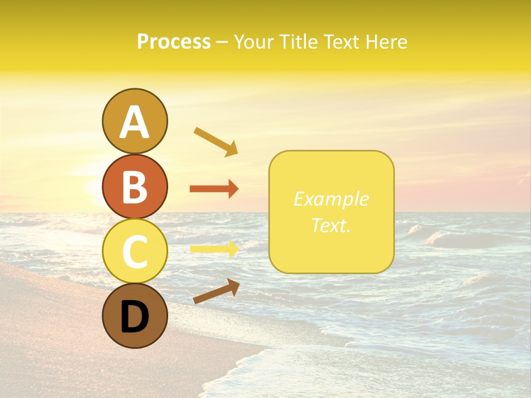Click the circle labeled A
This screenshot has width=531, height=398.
pyautogui.click(x=134, y=121)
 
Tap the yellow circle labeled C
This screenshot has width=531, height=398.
pyautogui.click(x=134, y=251)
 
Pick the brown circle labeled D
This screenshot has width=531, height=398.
pyautogui.click(x=134, y=316)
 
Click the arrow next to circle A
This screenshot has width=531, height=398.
pyautogui.click(x=216, y=142)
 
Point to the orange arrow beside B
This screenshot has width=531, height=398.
pyautogui.click(x=214, y=189)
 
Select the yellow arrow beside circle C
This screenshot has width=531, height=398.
pyautogui.click(x=214, y=249)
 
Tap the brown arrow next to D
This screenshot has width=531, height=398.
pyautogui.click(x=216, y=291)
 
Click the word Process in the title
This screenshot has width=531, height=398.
pyautogui.click(x=174, y=42)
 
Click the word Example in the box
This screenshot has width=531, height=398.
pyautogui.click(x=331, y=199)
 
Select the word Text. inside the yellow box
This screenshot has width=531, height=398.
pyautogui.click(x=331, y=225)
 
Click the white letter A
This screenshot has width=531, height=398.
pyautogui.click(x=134, y=122)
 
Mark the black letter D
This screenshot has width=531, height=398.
pyautogui.click(x=134, y=317)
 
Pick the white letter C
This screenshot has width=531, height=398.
pyautogui.click(x=134, y=252)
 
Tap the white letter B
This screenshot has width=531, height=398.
pyautogui.click(x=134, y=187)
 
